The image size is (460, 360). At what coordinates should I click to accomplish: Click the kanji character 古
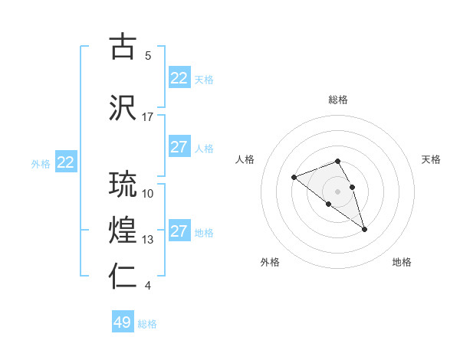[123, 47]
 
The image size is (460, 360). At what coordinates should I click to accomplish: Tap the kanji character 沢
[123, 108]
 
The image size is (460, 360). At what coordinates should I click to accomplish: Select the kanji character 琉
[123, 184]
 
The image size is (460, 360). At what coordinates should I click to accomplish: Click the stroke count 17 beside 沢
[148, 117]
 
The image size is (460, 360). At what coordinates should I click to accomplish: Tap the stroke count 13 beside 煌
[148, 240]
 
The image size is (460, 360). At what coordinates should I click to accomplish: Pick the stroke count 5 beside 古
[148, 56]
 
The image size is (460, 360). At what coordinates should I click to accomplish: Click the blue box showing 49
[123, 322]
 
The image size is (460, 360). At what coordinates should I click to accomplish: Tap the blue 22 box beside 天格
[179, 78]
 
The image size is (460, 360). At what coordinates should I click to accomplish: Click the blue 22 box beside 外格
[66, 162]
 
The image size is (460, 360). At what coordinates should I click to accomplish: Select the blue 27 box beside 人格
[179, 147]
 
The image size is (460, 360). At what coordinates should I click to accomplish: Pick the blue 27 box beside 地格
[179, 231]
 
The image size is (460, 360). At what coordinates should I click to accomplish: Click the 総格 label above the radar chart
[337, 100]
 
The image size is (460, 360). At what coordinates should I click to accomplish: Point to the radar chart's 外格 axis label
[270, 262]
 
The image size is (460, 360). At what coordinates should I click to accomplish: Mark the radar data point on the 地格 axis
[364, 229]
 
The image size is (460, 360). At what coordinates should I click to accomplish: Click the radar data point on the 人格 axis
[294, 178]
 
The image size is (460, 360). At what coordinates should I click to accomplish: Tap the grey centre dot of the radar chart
[337, 191]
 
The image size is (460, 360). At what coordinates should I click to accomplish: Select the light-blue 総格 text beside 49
[147, 324]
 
